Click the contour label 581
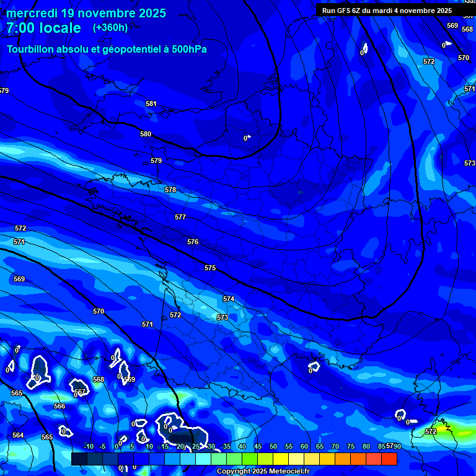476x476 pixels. coord(151,104)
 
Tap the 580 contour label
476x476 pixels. coord(146,134)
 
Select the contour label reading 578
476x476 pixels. coord(170,190)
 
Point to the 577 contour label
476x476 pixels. coord(180,217)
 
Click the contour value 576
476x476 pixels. coord(193,242)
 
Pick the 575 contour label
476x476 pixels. coord(210,268)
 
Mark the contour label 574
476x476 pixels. coord(229,299)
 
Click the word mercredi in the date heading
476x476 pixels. coord(31,13)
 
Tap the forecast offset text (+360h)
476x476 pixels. coord(110,28)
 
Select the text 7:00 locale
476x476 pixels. coord(43,28)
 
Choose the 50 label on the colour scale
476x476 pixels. coord(273,447)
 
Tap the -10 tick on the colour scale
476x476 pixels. coord(87,447)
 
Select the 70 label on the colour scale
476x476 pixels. coord(335,447)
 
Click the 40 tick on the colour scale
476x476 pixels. coord(242,447)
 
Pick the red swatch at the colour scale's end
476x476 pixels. coord(389,459)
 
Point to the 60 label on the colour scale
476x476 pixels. coord(304,447)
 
